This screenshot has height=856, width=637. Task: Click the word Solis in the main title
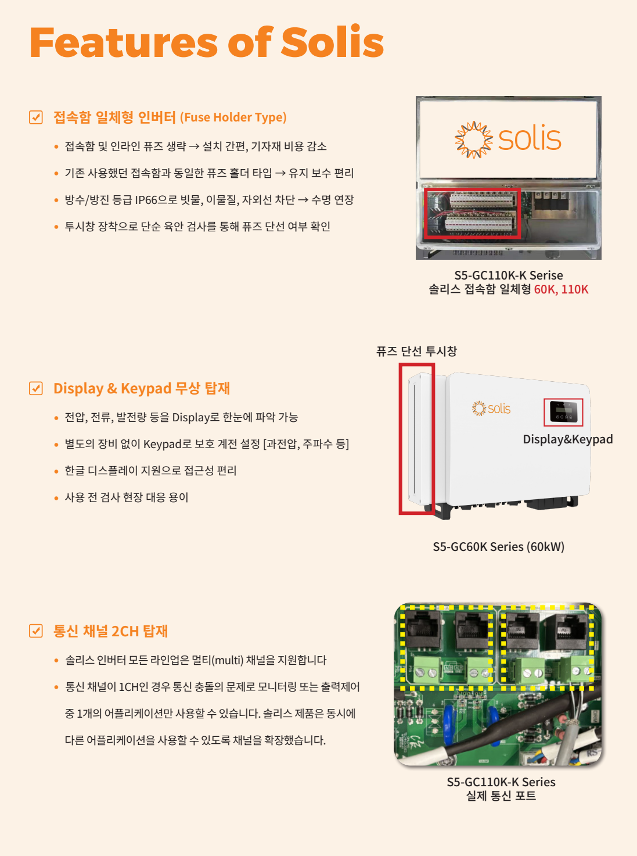332,42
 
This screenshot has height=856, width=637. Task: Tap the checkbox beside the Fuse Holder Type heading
36,117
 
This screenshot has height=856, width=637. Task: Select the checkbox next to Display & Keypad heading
36,388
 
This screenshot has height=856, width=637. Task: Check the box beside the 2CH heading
36,631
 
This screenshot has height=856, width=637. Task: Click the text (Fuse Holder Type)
233,117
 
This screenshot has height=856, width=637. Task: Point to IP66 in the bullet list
146,200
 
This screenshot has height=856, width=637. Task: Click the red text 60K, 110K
561,289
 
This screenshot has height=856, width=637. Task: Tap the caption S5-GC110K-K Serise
509,275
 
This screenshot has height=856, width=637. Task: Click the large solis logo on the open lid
508,139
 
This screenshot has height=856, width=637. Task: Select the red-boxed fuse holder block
472,213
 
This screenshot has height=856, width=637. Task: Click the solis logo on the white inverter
491,409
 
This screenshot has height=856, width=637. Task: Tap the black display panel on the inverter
563,412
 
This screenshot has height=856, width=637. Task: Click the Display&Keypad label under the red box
567,439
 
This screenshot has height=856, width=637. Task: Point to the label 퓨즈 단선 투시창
416,351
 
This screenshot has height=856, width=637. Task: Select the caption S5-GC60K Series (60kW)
498,547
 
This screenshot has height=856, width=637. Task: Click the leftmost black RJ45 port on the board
423,629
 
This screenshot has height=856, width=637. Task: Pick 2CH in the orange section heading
125,631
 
